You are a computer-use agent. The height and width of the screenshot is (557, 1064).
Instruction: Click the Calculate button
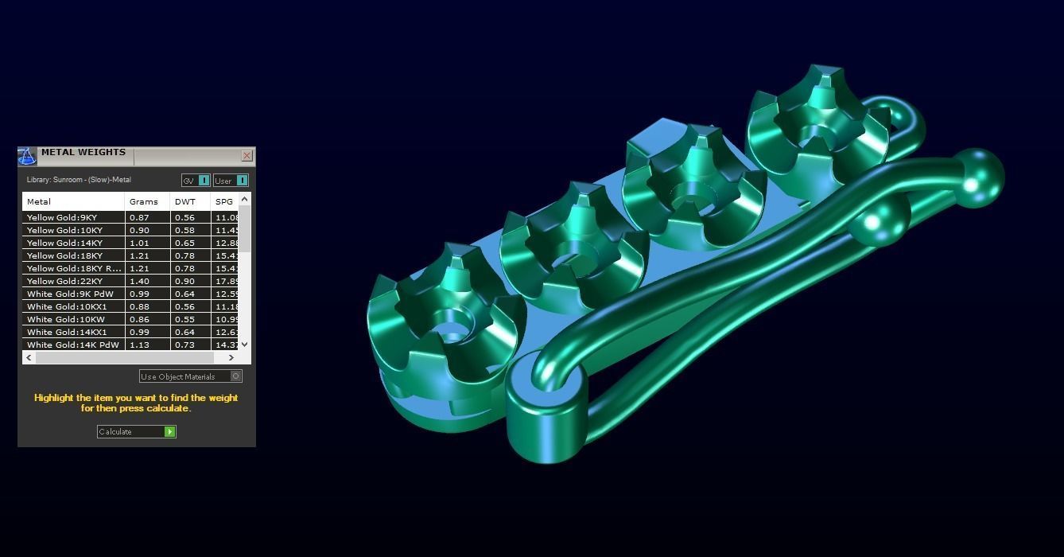[x=135, y=431]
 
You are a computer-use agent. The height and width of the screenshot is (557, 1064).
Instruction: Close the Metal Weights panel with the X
[x=247, y=156]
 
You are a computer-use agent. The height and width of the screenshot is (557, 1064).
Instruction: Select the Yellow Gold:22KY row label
[x=64, y=281]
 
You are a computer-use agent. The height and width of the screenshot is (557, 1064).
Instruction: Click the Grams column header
[x=144, y=201]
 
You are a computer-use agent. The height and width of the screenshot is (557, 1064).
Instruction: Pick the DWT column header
[x=185, y=201]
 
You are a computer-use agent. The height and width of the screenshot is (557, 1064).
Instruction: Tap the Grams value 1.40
[x=139, y=281]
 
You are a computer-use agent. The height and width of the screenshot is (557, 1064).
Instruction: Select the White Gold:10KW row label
[x=66, y=319]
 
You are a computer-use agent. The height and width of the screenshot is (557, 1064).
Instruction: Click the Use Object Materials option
[x=190, y=376]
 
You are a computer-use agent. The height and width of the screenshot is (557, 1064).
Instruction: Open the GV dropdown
[x=196, y=181]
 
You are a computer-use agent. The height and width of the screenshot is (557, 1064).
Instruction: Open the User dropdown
[x=231, y=181]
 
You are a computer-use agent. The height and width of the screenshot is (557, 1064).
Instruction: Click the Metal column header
[x=39, y=201]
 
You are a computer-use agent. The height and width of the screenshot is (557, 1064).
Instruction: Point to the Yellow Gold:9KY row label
[x=62, y=217]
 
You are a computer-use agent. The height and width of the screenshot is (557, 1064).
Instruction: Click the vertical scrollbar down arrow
[x=244, y=344]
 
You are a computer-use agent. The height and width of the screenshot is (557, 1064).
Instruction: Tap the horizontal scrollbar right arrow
[x=231, y=358]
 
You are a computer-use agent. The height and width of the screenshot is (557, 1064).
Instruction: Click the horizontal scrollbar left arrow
[x=29, y=358]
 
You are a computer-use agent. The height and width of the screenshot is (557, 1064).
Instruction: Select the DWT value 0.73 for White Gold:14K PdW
[x=184, y=345]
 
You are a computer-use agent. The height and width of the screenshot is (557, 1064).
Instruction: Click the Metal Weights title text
[x=83, y=152]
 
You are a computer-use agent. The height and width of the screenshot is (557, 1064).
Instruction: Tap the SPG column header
[x=224, y=201]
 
